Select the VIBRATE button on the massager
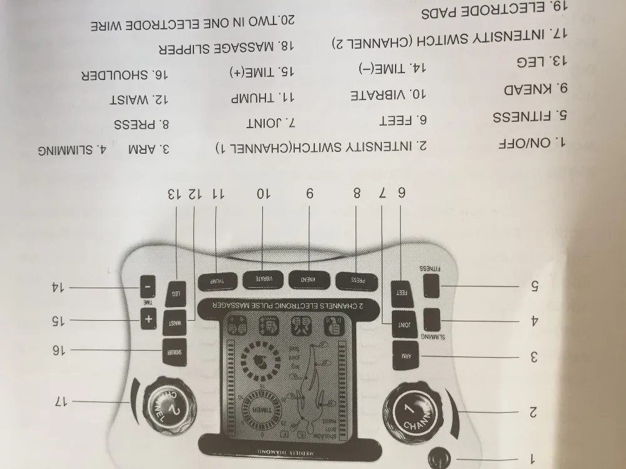coord(263,280)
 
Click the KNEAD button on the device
coord(309,280)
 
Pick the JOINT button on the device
coord(404,325)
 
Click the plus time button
coord(148,320)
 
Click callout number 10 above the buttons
coord(263,194)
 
